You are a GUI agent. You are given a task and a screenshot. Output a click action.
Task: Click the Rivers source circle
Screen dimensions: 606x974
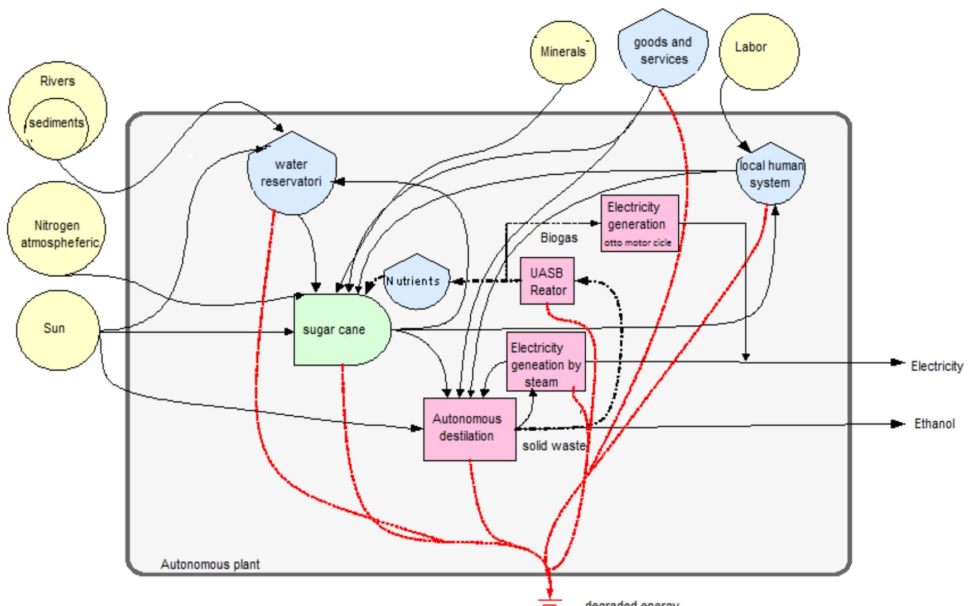(x=57, y=81)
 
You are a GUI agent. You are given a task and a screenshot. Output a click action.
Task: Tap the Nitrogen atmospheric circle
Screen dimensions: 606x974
(x=55, y=234)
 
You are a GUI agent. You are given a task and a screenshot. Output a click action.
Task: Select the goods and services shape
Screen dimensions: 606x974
(x=663, y=51)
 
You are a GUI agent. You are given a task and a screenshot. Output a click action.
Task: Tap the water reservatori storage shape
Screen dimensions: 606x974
(x=291, y=174)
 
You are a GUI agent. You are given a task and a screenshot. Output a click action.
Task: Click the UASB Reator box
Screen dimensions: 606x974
(x=547, y=281)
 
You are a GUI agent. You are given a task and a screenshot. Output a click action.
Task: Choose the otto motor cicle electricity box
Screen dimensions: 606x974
(x=639, y=224)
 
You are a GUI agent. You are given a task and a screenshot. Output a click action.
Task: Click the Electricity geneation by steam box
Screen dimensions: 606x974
(x=546, y=362)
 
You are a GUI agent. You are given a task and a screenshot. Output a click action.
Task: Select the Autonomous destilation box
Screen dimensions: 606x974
(x=469, y=429)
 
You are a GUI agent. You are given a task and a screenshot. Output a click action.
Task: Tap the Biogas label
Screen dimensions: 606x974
(x=559, y=238)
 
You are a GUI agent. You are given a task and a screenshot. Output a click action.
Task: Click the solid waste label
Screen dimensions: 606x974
(x=553, y=446)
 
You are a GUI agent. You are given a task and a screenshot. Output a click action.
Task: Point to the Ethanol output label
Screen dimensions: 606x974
(x=934, y=424)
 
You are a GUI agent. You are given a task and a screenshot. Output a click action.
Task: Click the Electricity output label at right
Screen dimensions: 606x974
(x=936, y=367)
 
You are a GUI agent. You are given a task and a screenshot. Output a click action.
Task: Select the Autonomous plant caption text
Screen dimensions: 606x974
(x=210, y=565)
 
